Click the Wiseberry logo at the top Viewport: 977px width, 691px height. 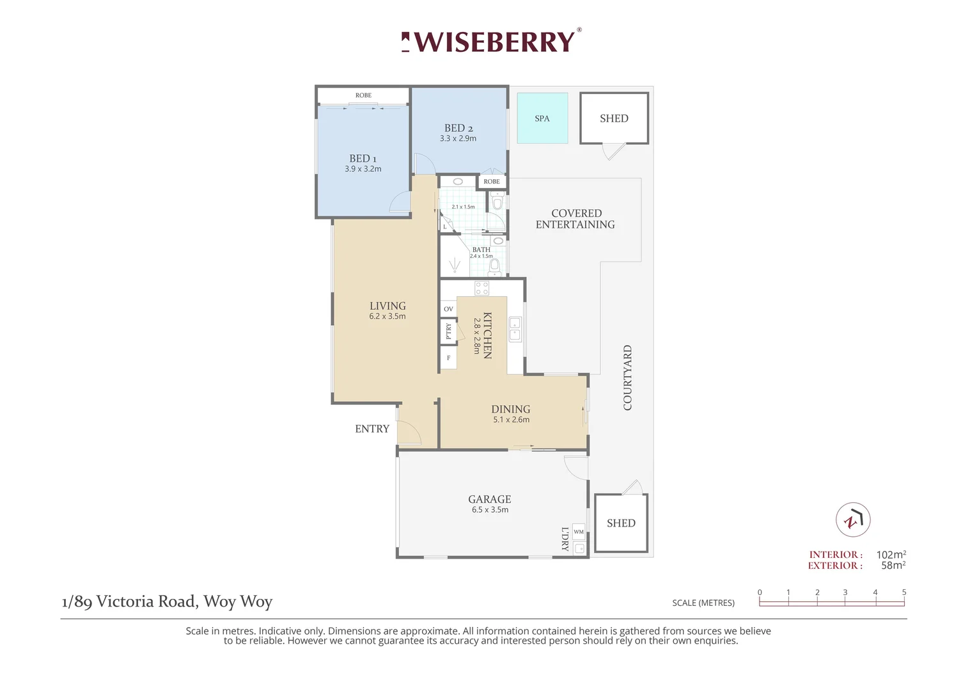click(491, 42)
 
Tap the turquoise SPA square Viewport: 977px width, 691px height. click(542, 118)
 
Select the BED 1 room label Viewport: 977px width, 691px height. click(363, 158)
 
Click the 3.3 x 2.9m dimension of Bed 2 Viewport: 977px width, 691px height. click(458, 139)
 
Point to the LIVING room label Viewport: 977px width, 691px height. click(387, 306)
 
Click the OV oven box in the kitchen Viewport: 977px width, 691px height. click(448, 309)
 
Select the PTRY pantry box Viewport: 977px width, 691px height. click(448, 331)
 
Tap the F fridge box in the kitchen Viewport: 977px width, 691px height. click(448, 358)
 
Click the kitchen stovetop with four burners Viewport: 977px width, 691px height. click(481, 288)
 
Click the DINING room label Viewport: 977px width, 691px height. click(510, 409)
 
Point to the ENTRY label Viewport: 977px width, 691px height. click(372, 429)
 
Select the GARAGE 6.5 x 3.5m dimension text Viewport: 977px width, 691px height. click(490, 510)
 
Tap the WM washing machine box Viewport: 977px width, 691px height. click(579, 532)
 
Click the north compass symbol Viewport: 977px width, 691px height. click(853, 520)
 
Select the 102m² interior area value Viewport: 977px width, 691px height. click(891, 555)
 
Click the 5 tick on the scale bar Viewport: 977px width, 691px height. click(904, 592)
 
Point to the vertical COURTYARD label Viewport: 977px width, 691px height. click(627, 377)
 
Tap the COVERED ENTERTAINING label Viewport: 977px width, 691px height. click(575, 219)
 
